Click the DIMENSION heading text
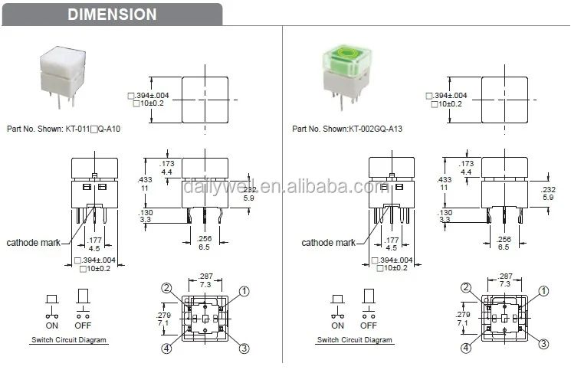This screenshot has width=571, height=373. point(111,15)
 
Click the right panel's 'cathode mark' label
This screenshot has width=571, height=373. point(328,243)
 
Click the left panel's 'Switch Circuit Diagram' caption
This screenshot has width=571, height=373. point(69,339)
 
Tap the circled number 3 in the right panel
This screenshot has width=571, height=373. point(543,345)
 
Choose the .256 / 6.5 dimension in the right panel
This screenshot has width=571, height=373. point(503,243)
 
